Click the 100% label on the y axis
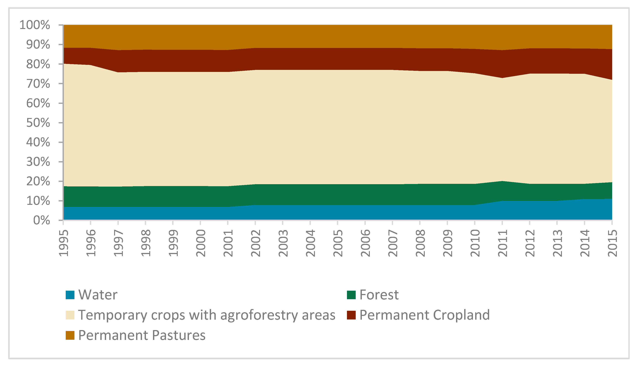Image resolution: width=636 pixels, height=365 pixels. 35,25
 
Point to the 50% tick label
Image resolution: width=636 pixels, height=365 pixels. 38,123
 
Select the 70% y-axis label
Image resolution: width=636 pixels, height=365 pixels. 38,84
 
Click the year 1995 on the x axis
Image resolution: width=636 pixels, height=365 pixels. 64,243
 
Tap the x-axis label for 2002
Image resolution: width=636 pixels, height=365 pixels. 256,243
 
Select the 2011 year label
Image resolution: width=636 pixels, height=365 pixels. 503,243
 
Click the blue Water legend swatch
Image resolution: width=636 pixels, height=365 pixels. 70,295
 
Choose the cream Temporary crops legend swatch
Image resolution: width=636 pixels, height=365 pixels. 70,315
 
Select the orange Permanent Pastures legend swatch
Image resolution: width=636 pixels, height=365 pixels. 70,335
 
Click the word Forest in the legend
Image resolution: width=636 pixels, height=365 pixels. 379,295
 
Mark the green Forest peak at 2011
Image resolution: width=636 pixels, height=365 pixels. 502,181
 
